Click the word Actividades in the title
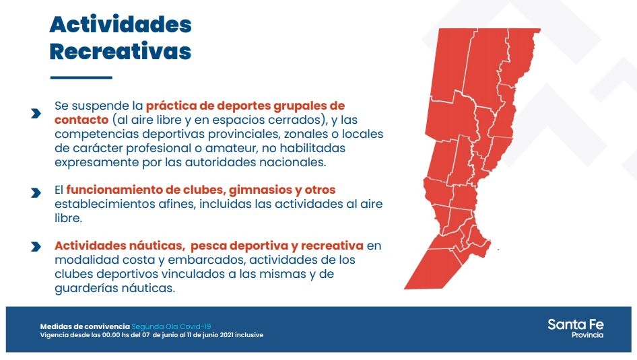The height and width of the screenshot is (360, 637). [121, 24]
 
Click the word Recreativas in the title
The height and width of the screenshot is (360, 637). [121, 52]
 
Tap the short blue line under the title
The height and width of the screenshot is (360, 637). [81, 77]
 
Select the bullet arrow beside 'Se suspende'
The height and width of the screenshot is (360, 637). [36, 114]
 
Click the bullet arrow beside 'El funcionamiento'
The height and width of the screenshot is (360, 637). [36, 192]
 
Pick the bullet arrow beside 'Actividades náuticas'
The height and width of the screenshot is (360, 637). [36, 246]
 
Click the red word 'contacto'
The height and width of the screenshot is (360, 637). [81, 120]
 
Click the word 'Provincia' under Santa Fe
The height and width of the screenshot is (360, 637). [587, 335]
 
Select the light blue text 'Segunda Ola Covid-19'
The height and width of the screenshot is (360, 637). [171, 326]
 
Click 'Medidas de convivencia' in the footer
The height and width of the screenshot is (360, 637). [85, 326]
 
